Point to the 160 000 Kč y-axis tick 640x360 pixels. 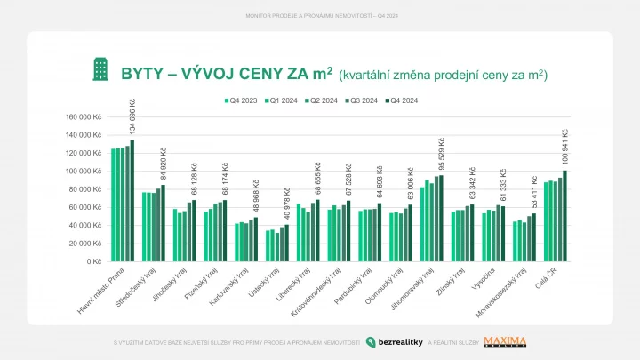pos(84,116)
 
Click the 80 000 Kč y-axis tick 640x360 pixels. pos(87,188)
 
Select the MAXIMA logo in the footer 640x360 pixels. pos(505,341)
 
